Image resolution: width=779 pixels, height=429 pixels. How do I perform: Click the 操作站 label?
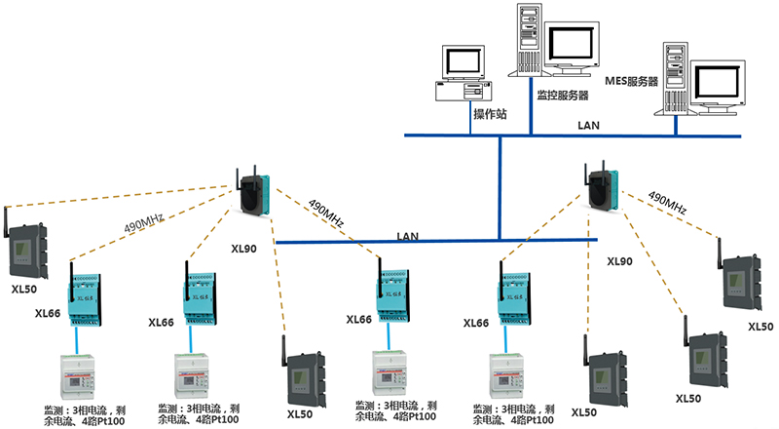click(490, 114)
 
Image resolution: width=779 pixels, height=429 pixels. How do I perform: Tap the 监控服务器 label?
click(563, 96)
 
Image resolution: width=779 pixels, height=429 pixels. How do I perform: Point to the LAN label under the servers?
click(589, 125)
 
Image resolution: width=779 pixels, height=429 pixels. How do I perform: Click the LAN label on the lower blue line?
click(408, 236)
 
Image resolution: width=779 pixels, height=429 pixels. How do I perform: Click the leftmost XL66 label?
click(49, 312)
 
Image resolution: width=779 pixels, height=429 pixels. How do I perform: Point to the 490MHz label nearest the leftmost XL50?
click(144, 224)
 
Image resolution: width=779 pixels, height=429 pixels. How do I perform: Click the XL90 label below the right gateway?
click(619, 261)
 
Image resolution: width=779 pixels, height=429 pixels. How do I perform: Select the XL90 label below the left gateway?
click(244, 250)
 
